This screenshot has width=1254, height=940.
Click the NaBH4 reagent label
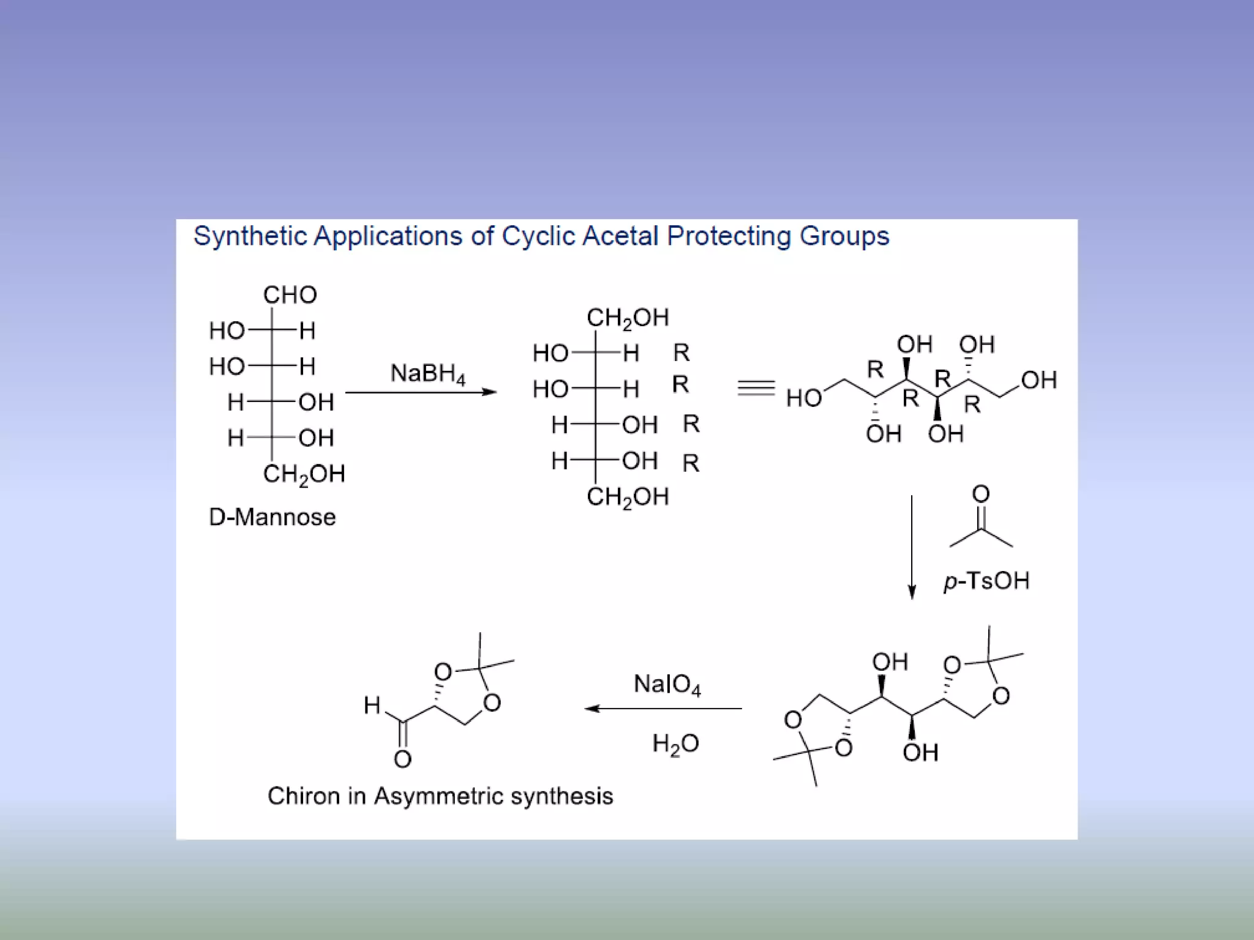[x=428, y=373]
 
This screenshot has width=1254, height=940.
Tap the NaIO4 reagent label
[x=667, y=684]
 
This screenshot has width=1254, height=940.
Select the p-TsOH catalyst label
[x=986, y=581]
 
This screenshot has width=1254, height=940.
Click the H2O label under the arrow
[x=675, y=744]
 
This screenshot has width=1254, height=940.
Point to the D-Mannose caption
[x=272, y=518]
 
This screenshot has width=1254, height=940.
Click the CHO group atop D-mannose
[x=290, y=295]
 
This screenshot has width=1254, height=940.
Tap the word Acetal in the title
[x=620, y=236]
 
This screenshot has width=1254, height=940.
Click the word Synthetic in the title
[x=250, y=236]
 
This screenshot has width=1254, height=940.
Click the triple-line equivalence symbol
[x=756, y=388]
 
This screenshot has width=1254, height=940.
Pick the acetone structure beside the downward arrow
[x=981, y=520]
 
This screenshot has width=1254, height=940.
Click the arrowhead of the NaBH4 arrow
[x=490, y=392]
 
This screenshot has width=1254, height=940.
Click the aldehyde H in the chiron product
[x=372, y=706]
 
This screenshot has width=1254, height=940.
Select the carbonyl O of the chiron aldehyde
[x=402, y=759]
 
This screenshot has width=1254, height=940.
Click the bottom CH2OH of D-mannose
[x=304, y=474]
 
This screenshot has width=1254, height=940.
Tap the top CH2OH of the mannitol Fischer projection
[x=628, y=318]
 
